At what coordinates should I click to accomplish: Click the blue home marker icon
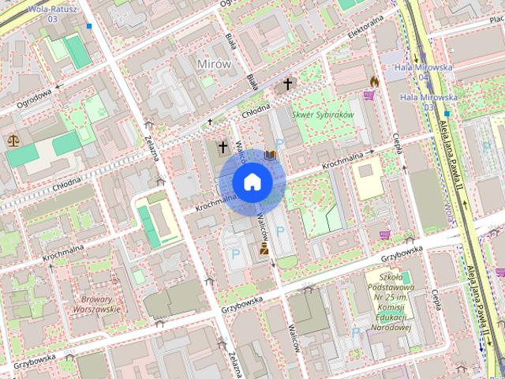252,182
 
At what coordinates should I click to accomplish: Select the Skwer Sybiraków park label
323,114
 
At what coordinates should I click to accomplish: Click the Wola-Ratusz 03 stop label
52,12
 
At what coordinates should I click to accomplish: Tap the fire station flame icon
374,81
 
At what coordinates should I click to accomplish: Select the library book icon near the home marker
271,155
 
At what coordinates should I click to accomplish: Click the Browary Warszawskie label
100,304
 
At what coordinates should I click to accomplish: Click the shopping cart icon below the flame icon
368,96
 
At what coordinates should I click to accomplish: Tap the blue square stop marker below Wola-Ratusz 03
90,26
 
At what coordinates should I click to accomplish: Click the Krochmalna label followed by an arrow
347,159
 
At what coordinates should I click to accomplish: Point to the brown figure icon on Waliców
264,248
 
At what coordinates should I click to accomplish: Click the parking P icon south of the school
354,332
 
